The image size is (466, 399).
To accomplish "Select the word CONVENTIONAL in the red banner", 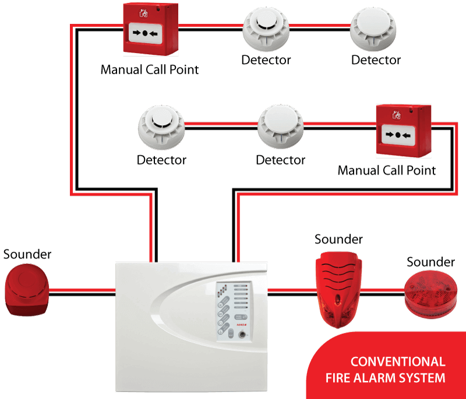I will [x=398, y=362].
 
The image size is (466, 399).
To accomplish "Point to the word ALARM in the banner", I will [x=375, y=378].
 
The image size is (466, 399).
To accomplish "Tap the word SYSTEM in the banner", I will [x=423, y=378].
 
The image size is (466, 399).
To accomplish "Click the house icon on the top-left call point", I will [x=144, y=11].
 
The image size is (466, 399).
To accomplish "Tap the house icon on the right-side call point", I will [x=398, y=114].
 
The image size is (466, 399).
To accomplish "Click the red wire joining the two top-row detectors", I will [x=319, y=26].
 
